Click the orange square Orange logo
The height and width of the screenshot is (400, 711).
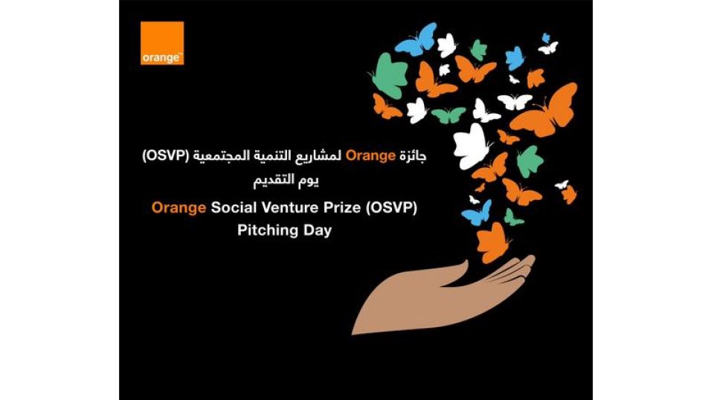coord(162,43)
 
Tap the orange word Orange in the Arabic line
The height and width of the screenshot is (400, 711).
coord(370,155)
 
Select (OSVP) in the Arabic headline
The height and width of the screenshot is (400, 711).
coord(165,155)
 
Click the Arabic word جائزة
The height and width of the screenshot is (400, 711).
coord(413,156)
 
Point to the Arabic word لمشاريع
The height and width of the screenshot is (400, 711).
coord(321,156)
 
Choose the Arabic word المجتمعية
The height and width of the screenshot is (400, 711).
coord(222,155)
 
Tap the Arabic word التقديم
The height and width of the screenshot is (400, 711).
coord(271,180)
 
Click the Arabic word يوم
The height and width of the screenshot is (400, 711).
coord(306,181)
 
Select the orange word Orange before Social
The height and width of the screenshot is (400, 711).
coord(178,207)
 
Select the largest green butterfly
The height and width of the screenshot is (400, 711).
coord(389,75)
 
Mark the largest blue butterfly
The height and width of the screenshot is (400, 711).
coord(416,39)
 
